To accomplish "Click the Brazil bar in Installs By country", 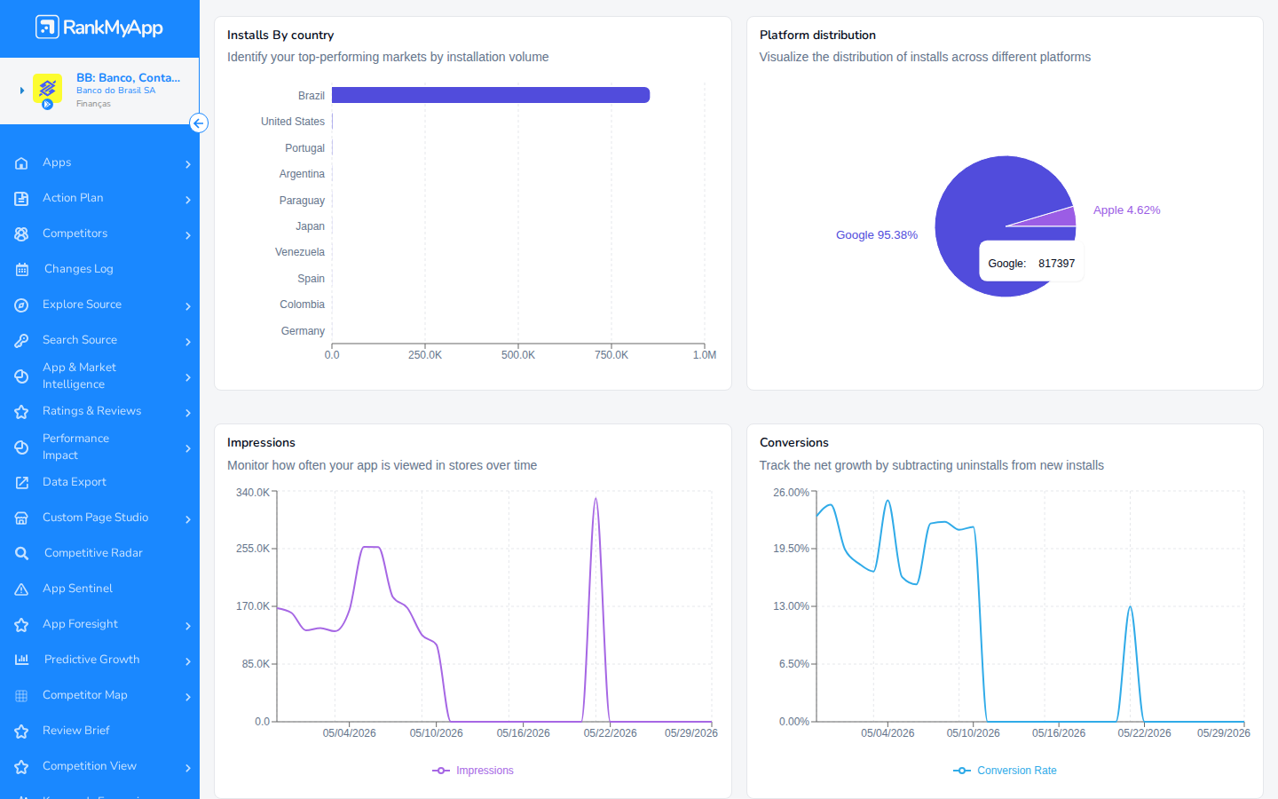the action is [x=491, y=95].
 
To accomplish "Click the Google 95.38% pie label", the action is [x=876, y=234].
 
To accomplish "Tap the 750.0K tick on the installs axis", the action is [x=611, y=355].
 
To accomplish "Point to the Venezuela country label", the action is [x=300, y=252].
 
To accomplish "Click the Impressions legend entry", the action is [x=473, y=771].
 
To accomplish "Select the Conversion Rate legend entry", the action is [x=1005, y=771].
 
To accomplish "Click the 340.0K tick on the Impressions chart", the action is [x=253, y=492].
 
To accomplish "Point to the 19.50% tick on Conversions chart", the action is [x=791, y=549].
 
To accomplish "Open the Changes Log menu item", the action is [x=79, y=269].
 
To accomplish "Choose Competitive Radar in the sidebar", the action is [x=93, y=553].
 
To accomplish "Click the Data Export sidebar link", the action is [x=75, y=482].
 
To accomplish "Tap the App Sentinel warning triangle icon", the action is [x=21, y=589].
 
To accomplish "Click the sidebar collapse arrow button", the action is [x=199, y=123].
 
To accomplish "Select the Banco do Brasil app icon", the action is [x=47, y=90].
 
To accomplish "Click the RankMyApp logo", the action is [x=99, y=27].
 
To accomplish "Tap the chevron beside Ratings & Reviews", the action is [x=188, y=412].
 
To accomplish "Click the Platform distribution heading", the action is [x=817, y=35].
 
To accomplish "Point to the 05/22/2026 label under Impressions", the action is [x=610, y=732].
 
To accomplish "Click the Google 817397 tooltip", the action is [x=1031, y=263].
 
